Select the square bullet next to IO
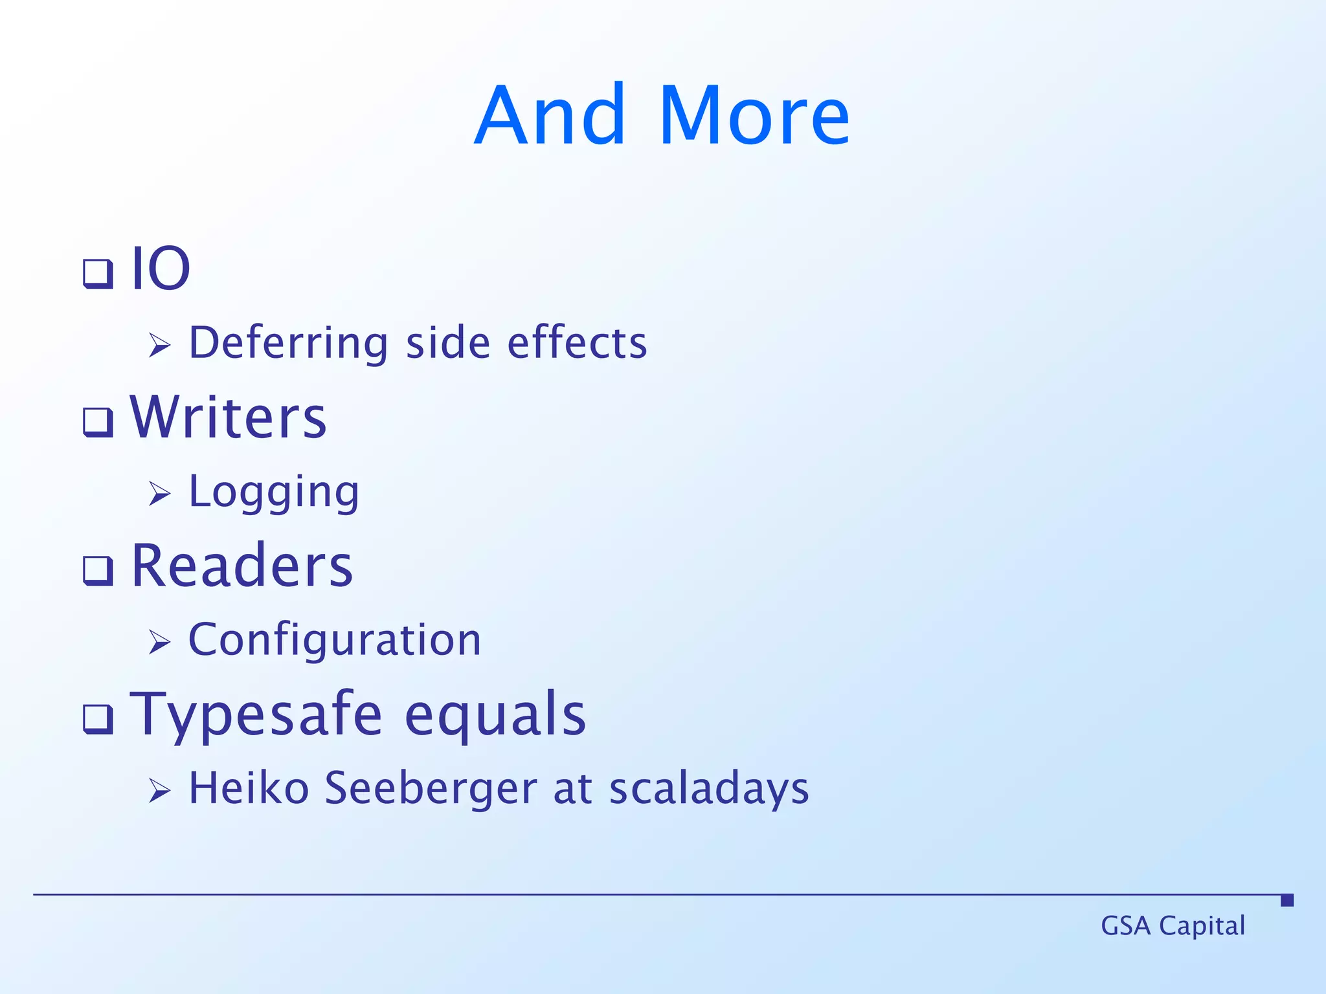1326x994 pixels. point(98,273)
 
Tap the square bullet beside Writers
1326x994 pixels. point(98,422)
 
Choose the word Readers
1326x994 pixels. point(242,566)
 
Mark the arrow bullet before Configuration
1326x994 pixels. point(159,642)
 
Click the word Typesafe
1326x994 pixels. point(256,716)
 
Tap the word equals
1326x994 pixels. point(495,716)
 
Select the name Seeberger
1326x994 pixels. point(431,788)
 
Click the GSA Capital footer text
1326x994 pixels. point(1173,925)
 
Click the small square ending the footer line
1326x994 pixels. point(1287,900)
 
